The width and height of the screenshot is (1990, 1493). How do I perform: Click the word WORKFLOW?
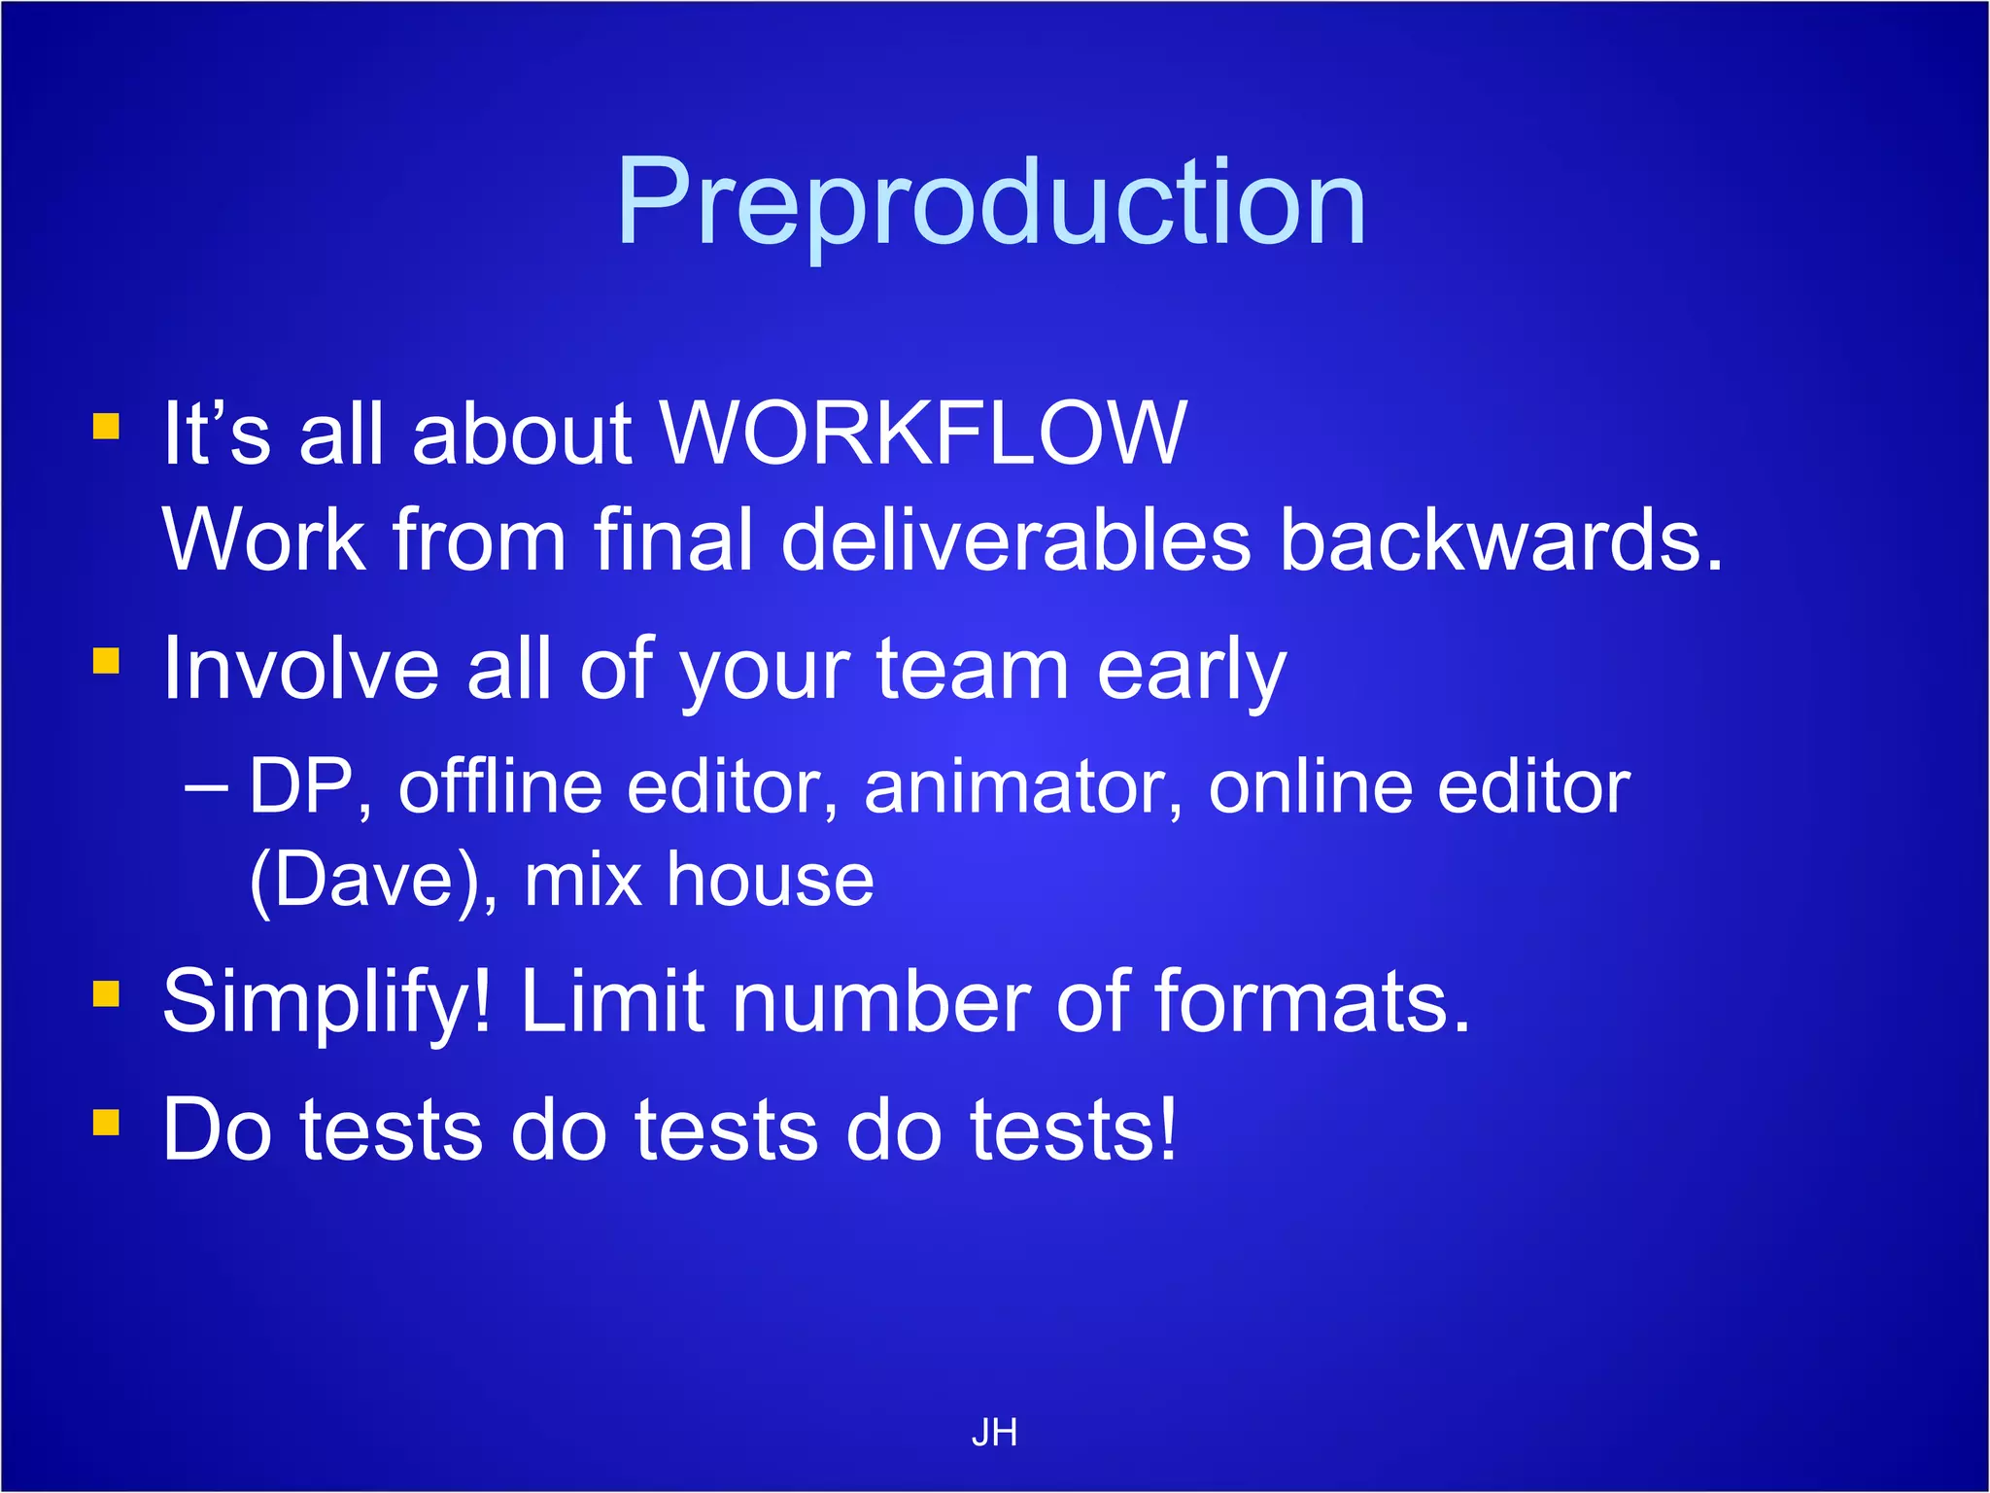point(923,433)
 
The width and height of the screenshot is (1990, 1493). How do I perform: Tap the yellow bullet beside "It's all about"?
point(106,427)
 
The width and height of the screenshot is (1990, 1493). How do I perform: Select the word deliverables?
point(1016,540)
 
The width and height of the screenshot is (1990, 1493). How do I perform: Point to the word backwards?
point(1500,540)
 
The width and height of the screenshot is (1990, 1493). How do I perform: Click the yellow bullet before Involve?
point(106,661)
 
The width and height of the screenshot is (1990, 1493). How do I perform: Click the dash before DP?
point(207,785)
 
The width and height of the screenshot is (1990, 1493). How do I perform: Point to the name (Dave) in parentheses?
point(373,881)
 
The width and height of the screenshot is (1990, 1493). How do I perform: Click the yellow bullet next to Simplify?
point(106,993)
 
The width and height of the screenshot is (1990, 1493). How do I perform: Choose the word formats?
point(1312,1001)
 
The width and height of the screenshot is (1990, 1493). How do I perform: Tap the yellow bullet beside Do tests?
point(106,1123)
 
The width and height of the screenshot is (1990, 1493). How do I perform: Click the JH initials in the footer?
point(994,1433)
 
